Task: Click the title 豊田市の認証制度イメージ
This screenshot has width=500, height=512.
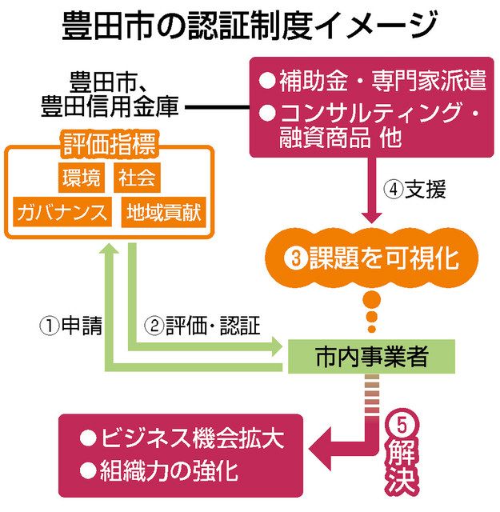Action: click(x=250, y=26)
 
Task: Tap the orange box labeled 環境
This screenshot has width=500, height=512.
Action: click(x=81, y=177)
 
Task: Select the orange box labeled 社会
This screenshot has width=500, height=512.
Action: click(x=136, y=177)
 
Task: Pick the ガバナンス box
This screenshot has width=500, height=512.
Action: click(x=62, y=213)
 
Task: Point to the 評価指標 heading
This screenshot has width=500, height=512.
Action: click(x=109, y=146)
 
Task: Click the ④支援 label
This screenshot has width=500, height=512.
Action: click(x=411, y=190)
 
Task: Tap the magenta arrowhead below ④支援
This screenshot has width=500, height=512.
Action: click(x=369, y=215)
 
